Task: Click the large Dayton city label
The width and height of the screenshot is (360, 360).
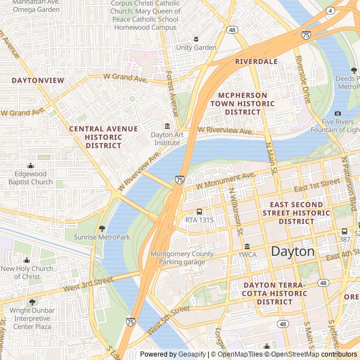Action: click(292, 251)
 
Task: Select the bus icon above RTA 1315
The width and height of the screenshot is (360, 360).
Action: click(199, 211)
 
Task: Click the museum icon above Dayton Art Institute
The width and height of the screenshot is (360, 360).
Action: click(167, 125)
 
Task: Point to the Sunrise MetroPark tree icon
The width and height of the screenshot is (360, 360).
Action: click(102, 228)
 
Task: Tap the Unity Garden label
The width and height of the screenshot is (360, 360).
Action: click(196, 48)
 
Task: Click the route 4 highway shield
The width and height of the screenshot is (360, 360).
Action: click(330, 11)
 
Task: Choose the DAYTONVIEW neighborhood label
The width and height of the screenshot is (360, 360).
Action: click(38, 80)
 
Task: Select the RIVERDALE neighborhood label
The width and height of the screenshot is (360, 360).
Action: click(256, 61)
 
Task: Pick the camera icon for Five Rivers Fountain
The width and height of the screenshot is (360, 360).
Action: click(338, 113)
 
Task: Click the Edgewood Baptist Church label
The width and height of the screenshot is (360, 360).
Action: click(31, 178)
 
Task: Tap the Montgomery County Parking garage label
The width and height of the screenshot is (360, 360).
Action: click(182, 258)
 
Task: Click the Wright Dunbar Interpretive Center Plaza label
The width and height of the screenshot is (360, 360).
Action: click(32, 318)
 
